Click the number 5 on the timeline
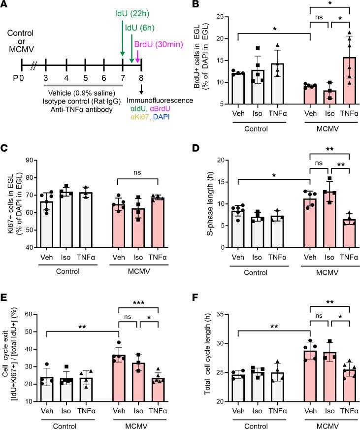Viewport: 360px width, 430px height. [x=83, y=76]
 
